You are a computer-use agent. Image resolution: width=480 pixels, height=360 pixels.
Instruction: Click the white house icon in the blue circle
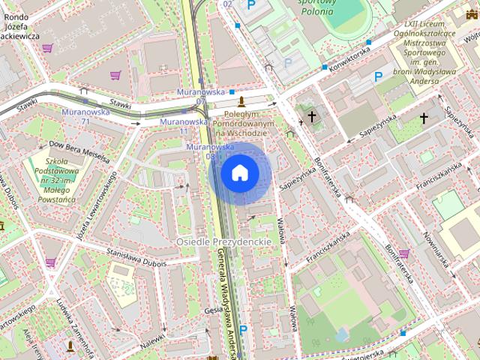click(239, 173)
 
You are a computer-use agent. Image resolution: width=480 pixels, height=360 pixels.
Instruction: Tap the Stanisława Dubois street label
click(136, 257)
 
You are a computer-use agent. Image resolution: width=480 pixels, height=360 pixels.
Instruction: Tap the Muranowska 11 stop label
click(184, 126)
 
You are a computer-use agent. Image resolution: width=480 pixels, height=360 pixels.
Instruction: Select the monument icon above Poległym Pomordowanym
click(241, 101)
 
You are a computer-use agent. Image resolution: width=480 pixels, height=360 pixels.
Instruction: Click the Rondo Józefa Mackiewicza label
click(20, 25)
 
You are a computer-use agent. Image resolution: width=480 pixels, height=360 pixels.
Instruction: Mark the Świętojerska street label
click(365, 352)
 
